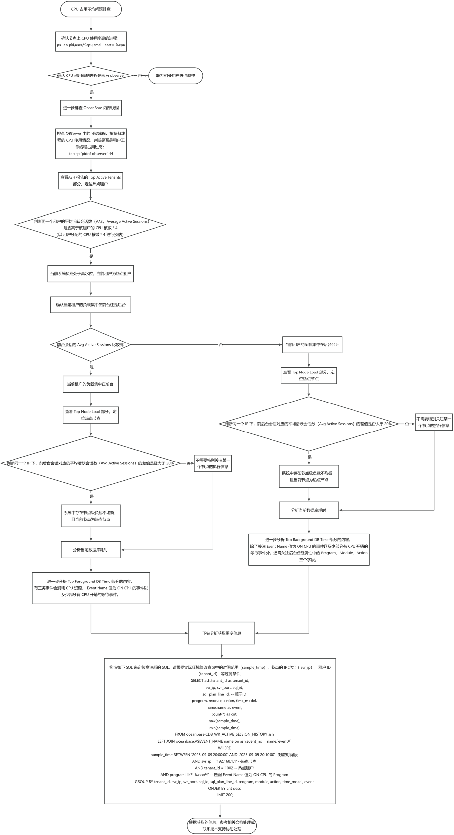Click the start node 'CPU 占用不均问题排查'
coord(91,9)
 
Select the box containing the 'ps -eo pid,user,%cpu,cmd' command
coord(91,42)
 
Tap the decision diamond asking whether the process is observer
coord(91,75)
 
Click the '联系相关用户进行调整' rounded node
coord(176,75)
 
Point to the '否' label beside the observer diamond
coord(140,76)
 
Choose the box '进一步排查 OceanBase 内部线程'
coord(91,108)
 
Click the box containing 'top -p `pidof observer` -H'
coord(91,143)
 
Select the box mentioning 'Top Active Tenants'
coord(91,181)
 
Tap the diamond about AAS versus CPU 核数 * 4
coord(91,224)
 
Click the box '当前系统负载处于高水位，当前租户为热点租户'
coord(91,274)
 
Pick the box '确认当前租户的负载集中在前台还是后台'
coord(91,305)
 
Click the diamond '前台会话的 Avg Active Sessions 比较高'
coord(91,345)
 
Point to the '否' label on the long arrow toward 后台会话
coord(221,345)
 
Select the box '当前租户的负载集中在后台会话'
coord(312,345)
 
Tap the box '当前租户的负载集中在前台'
coord(91,384)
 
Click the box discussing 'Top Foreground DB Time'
coord(91,588)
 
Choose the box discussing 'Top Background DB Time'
coord(309,550)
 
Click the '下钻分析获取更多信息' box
coord(222,633)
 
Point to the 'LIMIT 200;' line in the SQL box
coord(224,795)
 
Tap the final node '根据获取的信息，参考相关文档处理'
coord(222,825)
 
